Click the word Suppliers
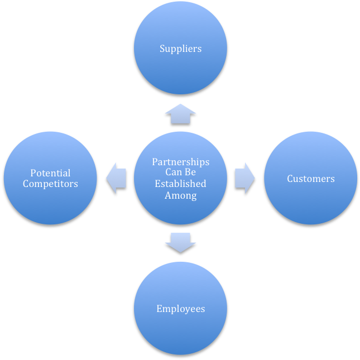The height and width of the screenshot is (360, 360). tap(180, 49)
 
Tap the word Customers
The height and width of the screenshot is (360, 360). tap(311, 179)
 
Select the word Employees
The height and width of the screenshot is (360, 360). tap(180, 309)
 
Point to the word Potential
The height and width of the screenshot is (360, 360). tap(50, 173)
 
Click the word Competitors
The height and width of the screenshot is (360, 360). tap(50, 184)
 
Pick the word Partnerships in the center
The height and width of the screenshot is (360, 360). tap(180, 162)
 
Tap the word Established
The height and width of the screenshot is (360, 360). tap(180, 184)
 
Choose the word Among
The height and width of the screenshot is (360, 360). tap(180, 195)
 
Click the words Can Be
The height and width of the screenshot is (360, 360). tap(180, 172)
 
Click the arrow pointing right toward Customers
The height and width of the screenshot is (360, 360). tap(244, 178)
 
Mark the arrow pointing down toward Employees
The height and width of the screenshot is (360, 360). tap(180, 242)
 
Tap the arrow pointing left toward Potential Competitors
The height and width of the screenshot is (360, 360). tap(116, 178)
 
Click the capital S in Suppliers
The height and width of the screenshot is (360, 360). tap(162, 49)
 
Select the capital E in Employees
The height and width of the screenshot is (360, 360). tap(159, 309)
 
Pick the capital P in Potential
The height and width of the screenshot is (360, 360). tap(33, 173)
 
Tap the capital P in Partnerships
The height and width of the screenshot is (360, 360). tap(155, 162)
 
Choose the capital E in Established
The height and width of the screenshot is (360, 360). tap(157, 184)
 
